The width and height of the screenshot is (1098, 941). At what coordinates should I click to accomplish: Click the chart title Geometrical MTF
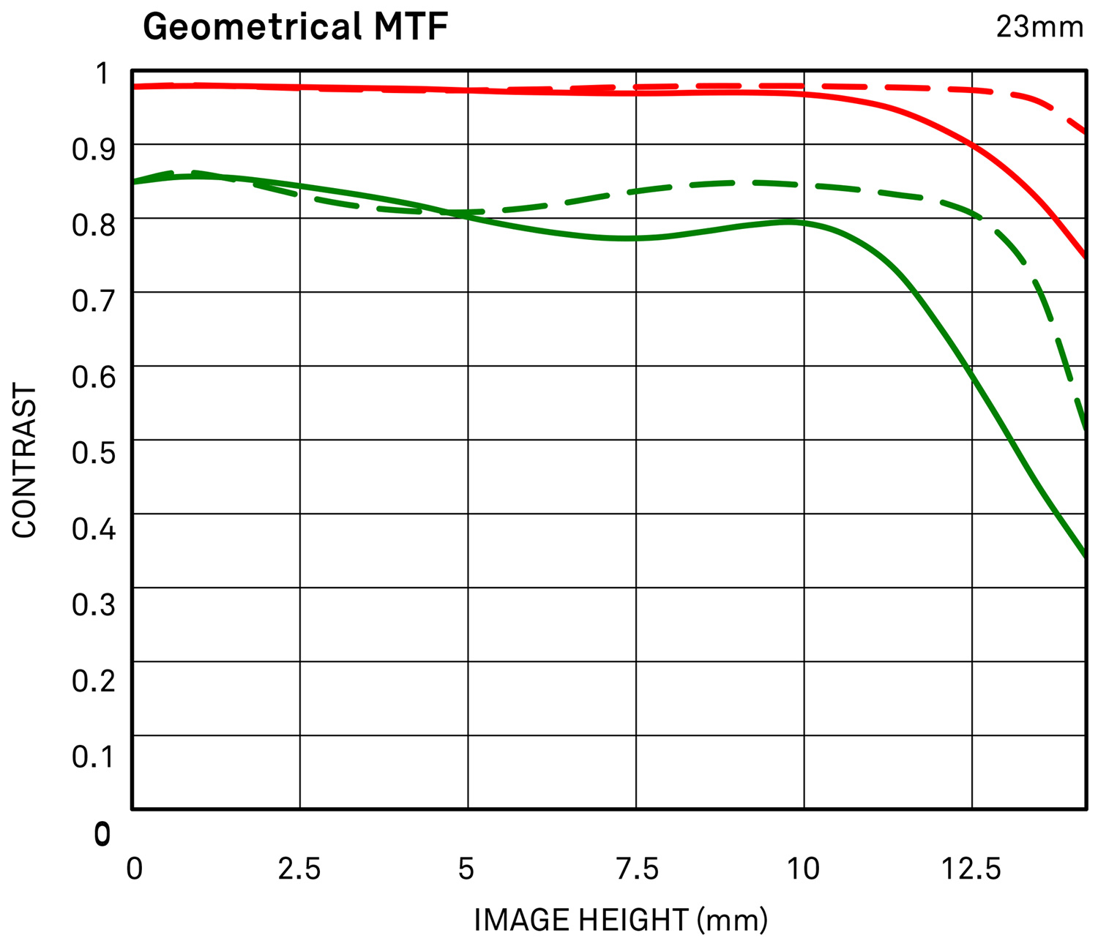295,27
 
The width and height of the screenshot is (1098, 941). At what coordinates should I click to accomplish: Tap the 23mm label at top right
1039,27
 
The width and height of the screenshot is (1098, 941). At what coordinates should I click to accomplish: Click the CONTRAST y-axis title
25,462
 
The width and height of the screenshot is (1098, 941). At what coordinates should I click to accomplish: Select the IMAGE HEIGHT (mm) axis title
621,919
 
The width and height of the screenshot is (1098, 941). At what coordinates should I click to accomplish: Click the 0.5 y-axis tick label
94,452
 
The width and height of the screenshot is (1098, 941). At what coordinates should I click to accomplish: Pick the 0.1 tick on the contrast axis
94,756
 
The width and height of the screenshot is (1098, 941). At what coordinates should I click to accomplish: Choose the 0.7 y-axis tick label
94,300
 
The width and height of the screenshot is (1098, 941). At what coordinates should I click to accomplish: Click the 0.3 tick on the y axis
94,604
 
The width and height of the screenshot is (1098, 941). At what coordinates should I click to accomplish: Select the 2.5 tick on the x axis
299,869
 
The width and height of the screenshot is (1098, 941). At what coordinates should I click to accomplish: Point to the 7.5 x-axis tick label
636,869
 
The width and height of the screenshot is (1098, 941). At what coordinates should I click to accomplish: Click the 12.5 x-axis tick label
971,869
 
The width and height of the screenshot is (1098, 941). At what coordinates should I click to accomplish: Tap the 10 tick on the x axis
803,869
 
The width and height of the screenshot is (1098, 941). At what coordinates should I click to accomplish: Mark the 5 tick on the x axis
466,869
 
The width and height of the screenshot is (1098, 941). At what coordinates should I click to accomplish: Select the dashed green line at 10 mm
804,184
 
